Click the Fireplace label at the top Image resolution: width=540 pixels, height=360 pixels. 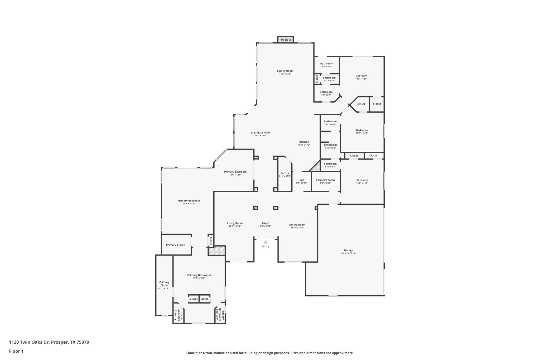285,40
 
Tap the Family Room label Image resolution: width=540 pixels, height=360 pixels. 285,71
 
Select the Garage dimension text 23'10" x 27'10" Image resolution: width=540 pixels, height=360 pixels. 348,253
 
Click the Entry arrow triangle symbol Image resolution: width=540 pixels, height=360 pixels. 266,242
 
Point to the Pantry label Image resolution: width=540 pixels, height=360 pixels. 285,173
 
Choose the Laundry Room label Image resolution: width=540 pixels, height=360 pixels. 325,180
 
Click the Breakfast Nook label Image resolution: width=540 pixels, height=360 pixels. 260,133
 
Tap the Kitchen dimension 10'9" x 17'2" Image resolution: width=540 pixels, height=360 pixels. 304,145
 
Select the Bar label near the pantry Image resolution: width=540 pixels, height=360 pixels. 302,180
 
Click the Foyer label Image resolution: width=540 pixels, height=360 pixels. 265,223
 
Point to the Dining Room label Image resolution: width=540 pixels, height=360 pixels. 297,225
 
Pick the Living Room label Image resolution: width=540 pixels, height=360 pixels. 235,223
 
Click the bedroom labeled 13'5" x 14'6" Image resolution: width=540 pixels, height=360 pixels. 361,76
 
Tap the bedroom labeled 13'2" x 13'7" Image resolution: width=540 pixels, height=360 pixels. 362,180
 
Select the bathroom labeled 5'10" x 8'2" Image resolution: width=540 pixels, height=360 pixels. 330,145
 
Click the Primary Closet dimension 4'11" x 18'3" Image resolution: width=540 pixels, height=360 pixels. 164,289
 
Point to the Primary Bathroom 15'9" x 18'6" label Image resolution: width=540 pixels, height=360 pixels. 199,275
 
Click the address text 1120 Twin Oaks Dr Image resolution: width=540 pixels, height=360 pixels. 29,342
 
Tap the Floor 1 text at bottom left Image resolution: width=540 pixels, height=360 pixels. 16,351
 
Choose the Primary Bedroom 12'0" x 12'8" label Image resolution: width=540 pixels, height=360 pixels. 235,172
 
